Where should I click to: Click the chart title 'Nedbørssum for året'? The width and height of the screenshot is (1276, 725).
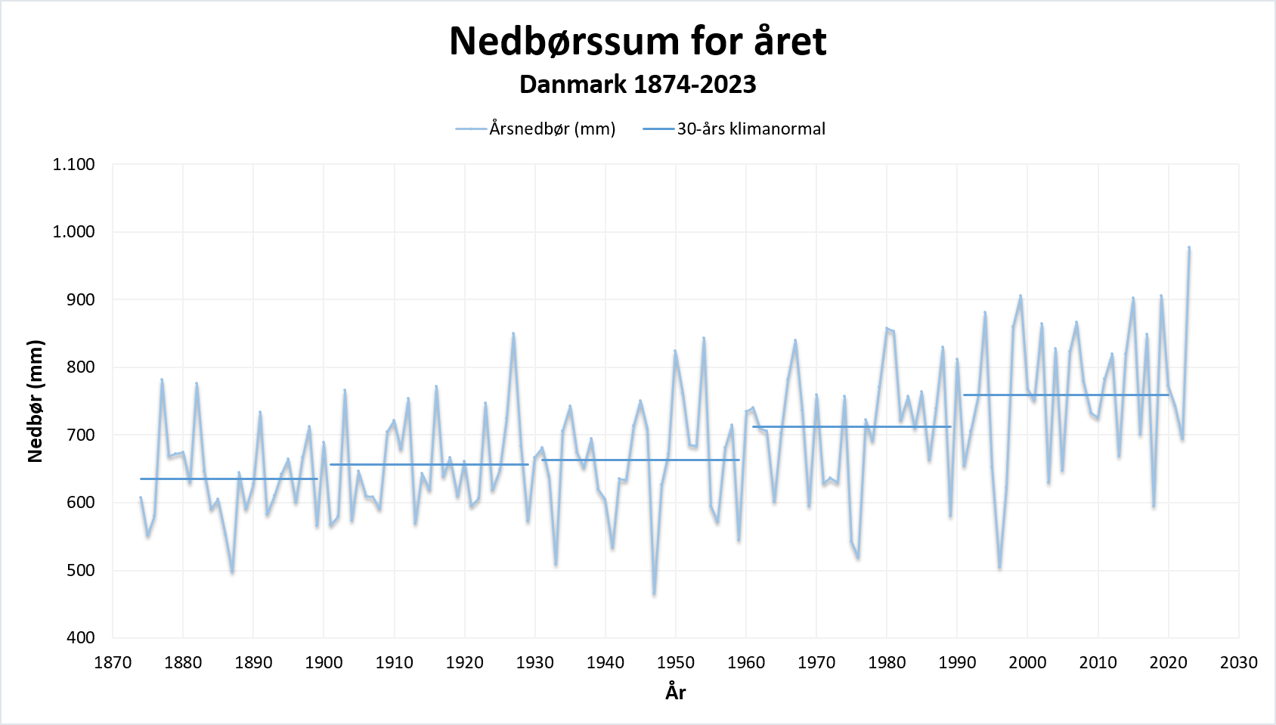click(x=637, y=41)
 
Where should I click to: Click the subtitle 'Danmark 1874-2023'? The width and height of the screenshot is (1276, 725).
click(x=637, y=84)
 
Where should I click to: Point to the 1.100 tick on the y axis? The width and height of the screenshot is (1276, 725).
click(x=73, y=164)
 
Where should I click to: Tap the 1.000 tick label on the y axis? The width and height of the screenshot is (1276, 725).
click(x=73, y=231)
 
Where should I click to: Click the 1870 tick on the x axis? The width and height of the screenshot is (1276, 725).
click(x=113, y=662)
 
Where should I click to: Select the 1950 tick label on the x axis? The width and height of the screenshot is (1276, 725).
click(x=676, y=662)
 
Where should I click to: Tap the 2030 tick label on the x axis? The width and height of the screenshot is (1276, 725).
click(x=1238, y=662)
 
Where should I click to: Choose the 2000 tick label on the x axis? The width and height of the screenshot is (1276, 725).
click(x=1027, y=662)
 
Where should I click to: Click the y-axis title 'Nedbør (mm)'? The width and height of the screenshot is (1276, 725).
click(x=35, y=401)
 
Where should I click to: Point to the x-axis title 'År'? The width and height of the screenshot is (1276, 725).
click(x=676, y=692)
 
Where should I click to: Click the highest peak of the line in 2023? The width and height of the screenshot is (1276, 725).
click(x=1189, y=247)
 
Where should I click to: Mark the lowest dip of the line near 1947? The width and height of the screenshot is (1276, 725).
click(x=654, y=593)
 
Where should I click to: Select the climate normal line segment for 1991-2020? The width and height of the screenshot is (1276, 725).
click(x=1066, y=395)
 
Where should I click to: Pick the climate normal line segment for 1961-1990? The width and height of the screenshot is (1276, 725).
click(x=852, y=426)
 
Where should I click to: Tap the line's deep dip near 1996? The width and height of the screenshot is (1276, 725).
click(x=999, y=567)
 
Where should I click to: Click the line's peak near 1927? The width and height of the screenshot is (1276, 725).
click(x=513, y=333)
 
